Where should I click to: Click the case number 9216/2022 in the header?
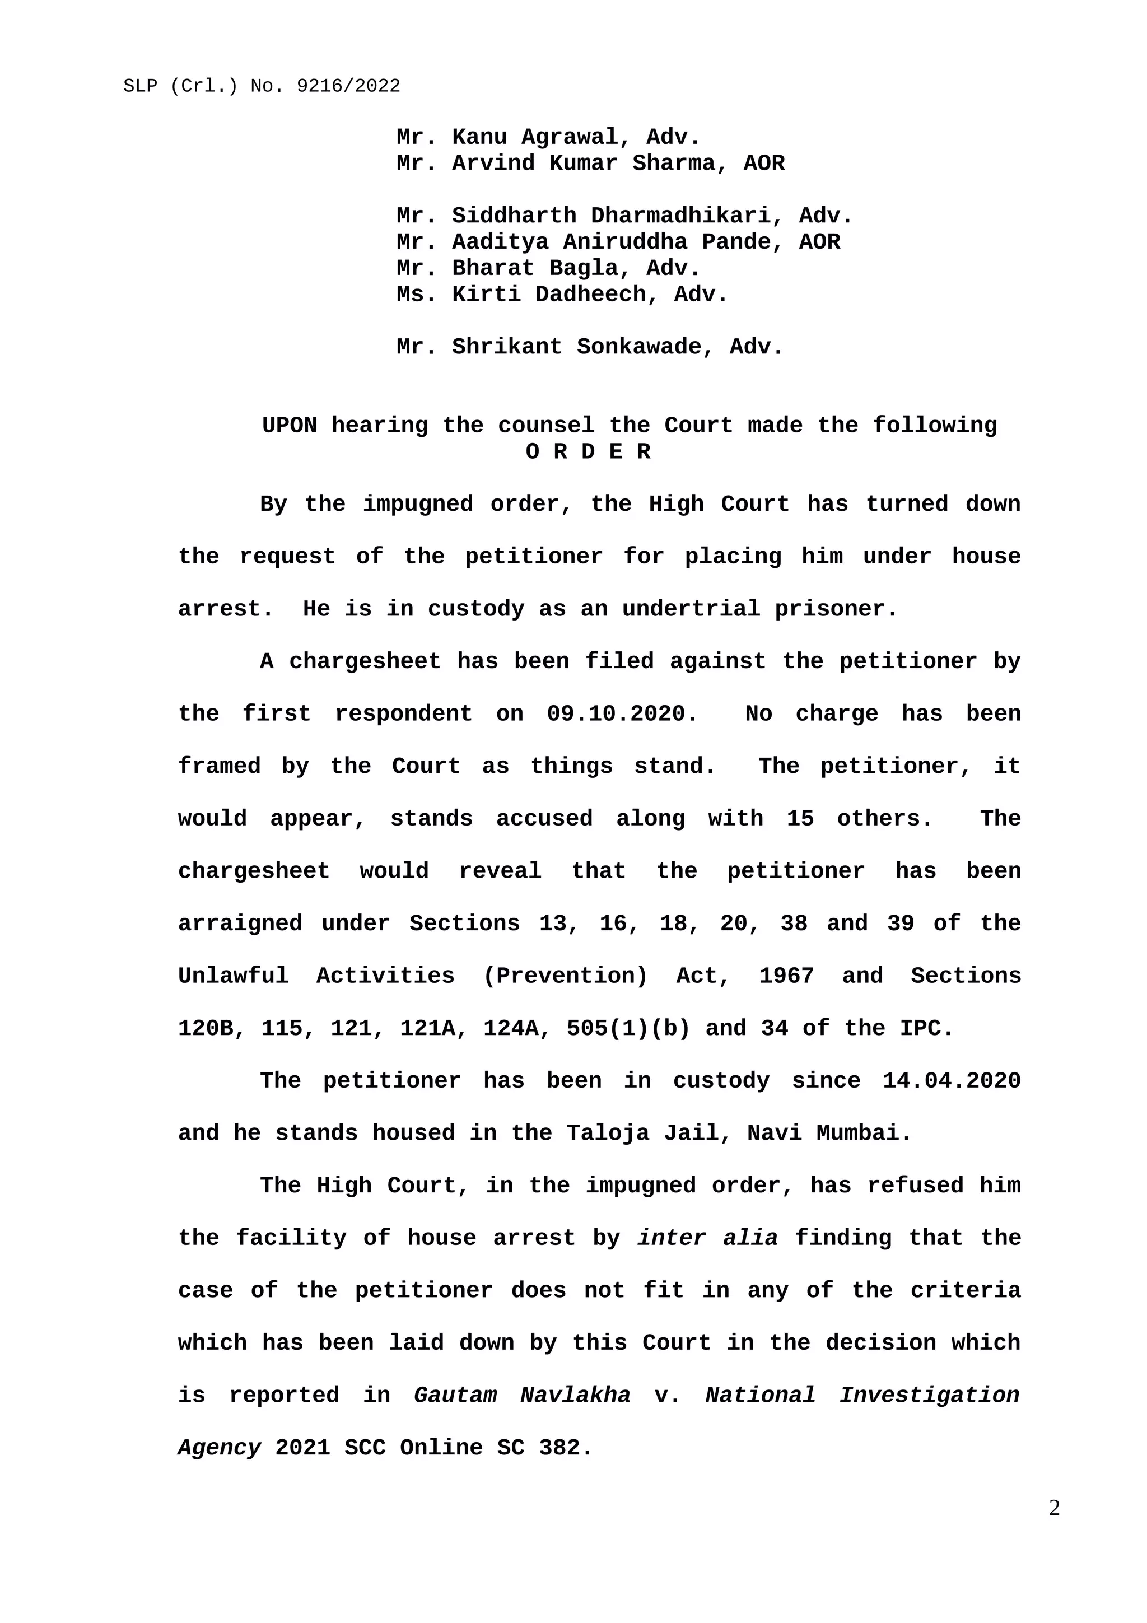[x=348, y=86]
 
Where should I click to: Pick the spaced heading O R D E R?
[x=588, y=452]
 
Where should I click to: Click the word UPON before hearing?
[x=289, y=426]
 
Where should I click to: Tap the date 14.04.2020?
[x=951, y=1081]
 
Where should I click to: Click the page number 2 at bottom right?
[x=1053, y=1508]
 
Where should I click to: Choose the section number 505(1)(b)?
[x=628, y=1028]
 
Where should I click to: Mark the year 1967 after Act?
[x=786, y=976]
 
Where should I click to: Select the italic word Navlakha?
[x=575, y=1396]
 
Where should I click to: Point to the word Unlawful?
[x=233, y=976]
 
